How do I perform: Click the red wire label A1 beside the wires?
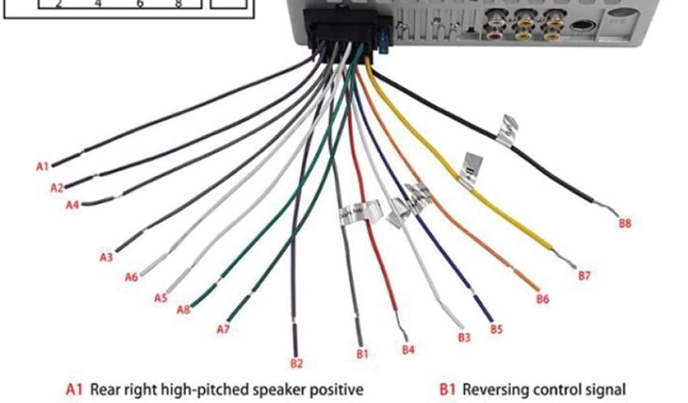(x=43, y=166)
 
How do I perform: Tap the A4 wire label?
(x=73, y=205)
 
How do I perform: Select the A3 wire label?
(x=106, y=257)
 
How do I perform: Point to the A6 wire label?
(x=132, y=277)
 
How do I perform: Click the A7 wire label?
(x=224, y=329)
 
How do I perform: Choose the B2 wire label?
(x=296, y=363)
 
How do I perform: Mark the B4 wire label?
(x=408, y=349)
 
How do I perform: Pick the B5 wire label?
(x=496, y=329)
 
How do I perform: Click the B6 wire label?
(x=542, y=299)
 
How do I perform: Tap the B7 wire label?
(x=584, y=275)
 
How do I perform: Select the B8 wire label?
(x=625, y=224)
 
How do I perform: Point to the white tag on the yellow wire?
(x=470, y=168)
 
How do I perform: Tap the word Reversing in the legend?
(x=494, y=389)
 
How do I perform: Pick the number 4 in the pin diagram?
(x=98, y=3)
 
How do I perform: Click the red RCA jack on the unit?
(x=494, y=35)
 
